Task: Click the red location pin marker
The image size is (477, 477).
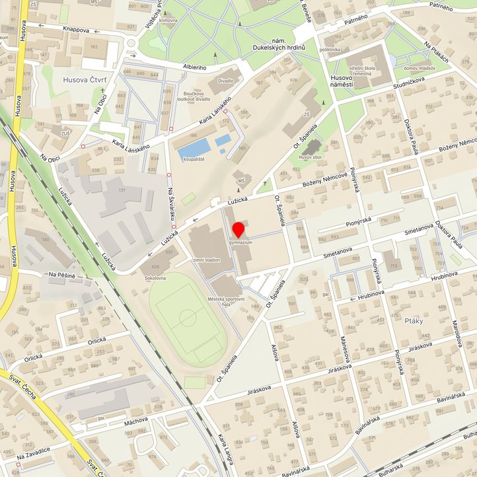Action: coord(238,231)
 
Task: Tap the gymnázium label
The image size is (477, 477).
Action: coord(242,243)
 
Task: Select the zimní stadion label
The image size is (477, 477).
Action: coord(206,260)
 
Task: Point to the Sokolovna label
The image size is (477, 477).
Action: coord(155,279)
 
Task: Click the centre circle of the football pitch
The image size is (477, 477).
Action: coord(188,318)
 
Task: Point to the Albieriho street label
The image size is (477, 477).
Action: coord(194,67)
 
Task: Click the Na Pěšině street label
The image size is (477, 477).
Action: coord(62,274)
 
